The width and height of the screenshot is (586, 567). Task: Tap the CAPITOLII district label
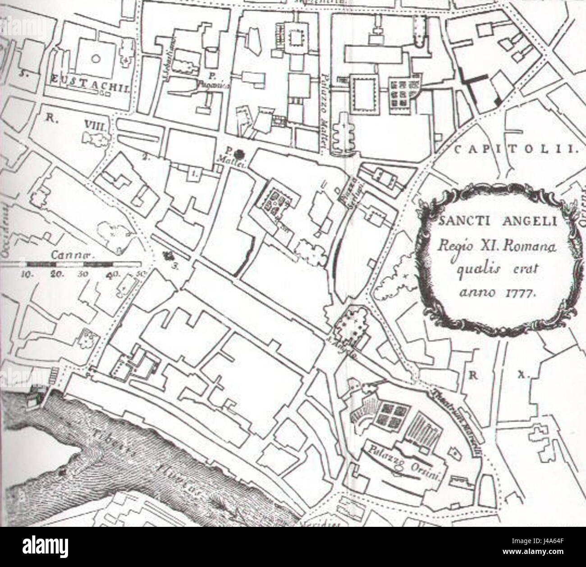514,150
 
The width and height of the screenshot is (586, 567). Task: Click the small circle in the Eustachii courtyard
95,58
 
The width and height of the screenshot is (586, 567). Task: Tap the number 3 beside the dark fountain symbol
176,267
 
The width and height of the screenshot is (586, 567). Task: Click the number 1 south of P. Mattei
194,173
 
